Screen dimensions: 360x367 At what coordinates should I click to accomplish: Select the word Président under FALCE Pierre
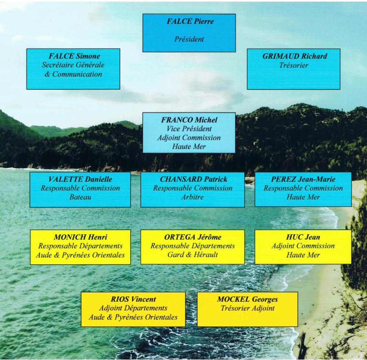click(x=189, y=40)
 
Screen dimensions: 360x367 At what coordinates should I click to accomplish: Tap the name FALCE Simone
click(x=74, y=56)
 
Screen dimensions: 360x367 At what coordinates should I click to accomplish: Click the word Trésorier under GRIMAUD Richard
click(x=294, y=65)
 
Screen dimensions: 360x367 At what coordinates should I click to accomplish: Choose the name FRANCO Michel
click(x=189, y=120)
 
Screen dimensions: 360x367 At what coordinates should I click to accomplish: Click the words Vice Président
click(x=189, y=129)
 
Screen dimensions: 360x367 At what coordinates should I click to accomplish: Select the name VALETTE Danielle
click(x=80, y=179)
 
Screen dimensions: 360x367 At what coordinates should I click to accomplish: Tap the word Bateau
click(x=80, y=198)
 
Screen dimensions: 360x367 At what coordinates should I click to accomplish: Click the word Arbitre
click(x=193, y=198)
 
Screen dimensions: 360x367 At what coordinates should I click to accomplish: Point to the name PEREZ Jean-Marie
click(x=303, y=179)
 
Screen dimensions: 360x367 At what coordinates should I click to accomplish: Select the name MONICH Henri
click(x=80, y=237)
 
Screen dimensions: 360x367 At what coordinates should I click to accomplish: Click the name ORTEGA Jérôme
click(x=193, y=237)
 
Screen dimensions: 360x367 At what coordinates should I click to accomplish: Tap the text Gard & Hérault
click(x=193, y=255)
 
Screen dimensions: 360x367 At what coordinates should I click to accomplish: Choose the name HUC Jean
click(x=303, y=237)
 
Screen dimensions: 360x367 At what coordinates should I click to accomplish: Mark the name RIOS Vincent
click(x=133, y=299)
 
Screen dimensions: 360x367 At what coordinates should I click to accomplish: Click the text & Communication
click(x=73, y=75)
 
